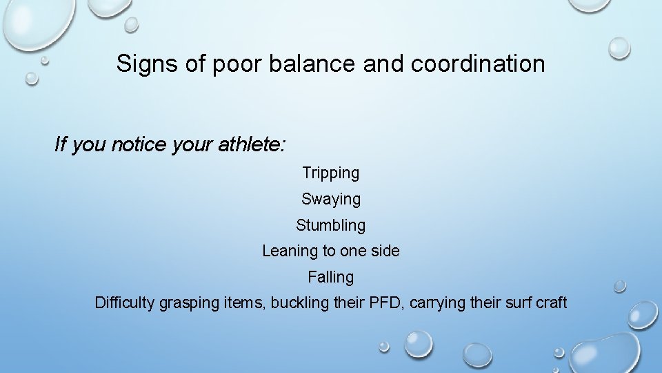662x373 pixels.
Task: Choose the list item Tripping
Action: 330,173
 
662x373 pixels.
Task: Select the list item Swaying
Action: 330,200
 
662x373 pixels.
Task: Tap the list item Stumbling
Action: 330,225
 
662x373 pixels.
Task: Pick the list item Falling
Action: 330,277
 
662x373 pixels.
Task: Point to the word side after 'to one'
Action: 385,251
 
